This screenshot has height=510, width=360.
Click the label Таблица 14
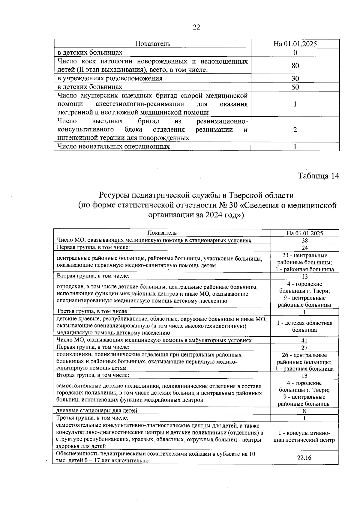click(318, 176)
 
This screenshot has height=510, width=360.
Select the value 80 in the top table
click(295, 66)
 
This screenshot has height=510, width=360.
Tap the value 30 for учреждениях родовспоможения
click(295, 79)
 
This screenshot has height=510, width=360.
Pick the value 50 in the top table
click(295, 87)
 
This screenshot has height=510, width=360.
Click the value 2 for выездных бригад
click(295, 130)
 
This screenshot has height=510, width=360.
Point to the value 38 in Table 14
click(304, 241)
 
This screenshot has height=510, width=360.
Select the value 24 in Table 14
click(304, 248)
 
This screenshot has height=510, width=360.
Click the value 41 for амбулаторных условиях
click(304, 341)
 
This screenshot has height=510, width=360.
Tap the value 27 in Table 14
click(304, 348)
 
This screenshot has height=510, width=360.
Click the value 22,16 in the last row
click(304, 458)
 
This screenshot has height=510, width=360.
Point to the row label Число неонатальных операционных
click(113, 147)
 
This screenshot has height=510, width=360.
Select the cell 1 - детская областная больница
click(304, 326)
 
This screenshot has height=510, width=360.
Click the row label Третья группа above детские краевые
click(93, 312)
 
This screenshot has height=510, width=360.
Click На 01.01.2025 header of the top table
click(295, 44)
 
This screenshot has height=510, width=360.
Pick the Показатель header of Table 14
click(162, 233)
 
